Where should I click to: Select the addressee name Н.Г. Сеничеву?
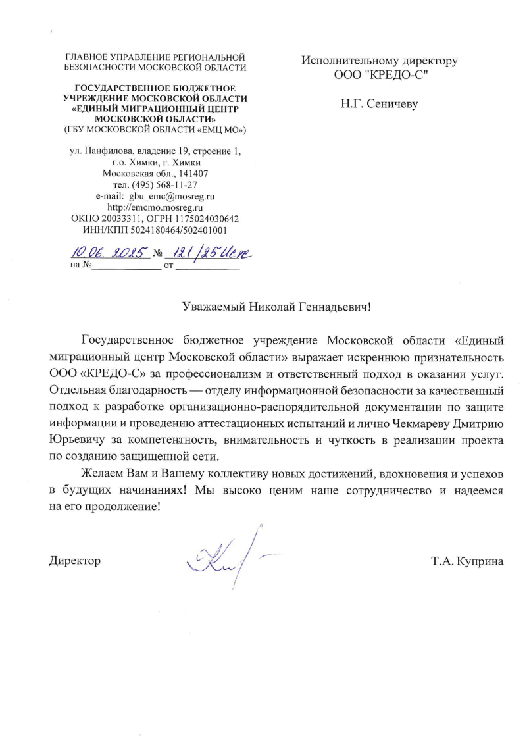pos(379,103)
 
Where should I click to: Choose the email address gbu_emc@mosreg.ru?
pos(172,196)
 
